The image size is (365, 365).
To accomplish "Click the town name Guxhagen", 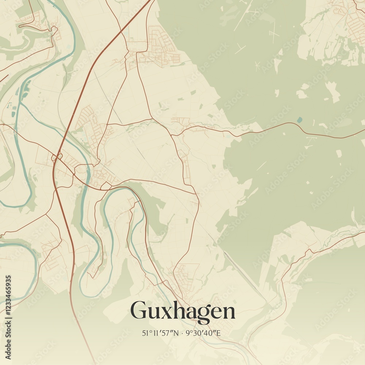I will pos(182,311).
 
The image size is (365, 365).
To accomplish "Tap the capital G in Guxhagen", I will pos(139,311).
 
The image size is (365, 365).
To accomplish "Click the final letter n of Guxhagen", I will pos(228,313).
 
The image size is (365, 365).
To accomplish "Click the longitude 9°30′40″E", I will pos(203,333).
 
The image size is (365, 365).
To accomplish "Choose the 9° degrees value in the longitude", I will pos(188,333).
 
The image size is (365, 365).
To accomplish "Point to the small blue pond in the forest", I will pos(300,119).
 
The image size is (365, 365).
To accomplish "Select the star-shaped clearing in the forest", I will pos(257,66).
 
